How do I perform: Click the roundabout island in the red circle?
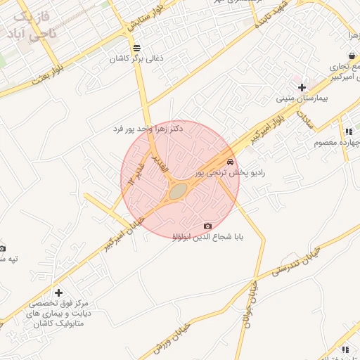179,190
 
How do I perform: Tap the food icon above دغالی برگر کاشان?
136,48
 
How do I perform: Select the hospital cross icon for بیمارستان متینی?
302,88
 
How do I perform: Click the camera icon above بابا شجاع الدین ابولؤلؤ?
207,226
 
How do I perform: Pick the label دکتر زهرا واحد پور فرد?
148,129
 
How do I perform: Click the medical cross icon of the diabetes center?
58,292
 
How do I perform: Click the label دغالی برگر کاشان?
136,59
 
